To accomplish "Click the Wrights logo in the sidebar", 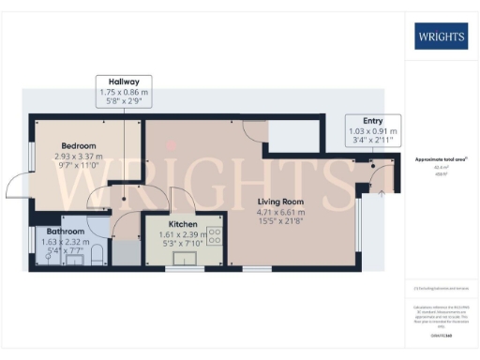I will (442, 37).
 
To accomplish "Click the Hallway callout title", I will (124, 82).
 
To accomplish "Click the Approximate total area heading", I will (441, 160).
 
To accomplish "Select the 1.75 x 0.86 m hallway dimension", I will (124, 93).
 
